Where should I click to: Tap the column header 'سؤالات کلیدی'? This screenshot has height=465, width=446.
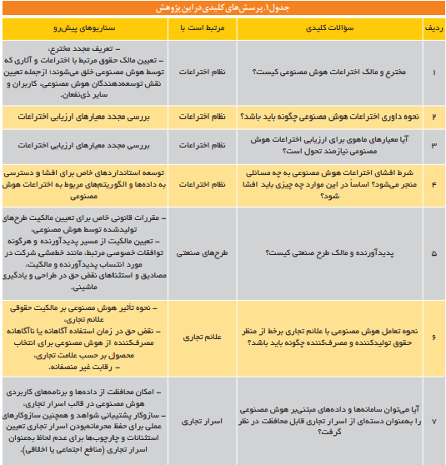click(x=328, y=27)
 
